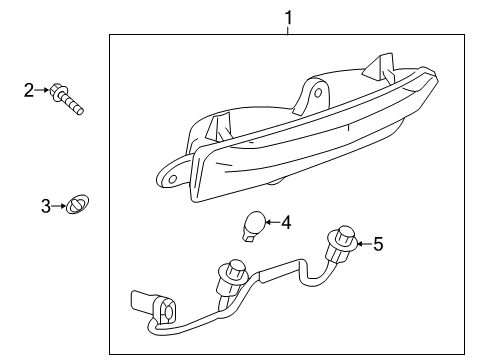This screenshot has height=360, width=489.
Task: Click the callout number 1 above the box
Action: pyautogui.click(x=288, y=16)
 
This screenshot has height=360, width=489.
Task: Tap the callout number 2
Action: pyautogui.click(x=29, y=91)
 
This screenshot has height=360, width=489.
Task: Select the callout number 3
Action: pyautogui.click(x=45, y=206)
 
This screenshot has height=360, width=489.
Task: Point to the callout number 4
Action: pyautogui.click(x=286, y=222)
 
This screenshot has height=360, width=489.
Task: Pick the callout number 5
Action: pyautogui.click(x=377, y=243)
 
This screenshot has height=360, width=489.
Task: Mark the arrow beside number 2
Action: pyautogui.click(x=46, y=91)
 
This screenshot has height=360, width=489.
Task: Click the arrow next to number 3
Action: pyautogui.click(x=59, y=206)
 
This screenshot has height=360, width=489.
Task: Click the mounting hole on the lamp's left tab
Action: pyautogui.click(x=172, y=179)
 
